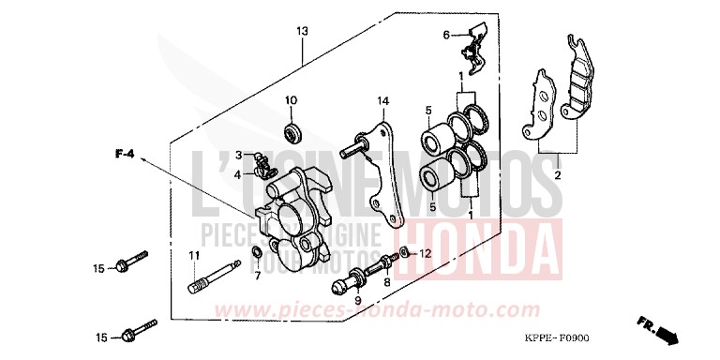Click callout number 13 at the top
pyautogui.click(x=301, y=32)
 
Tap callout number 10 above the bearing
pyautogui.click(x=291, y=100)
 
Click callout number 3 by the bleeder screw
pyautogui.click(x=239, y=155)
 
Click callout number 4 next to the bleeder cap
pyautogui.click(x=239, y=173)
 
